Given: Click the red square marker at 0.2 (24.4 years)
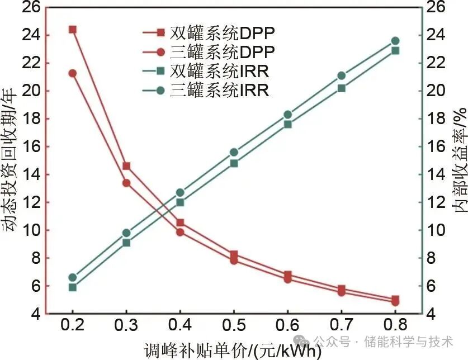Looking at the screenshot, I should click(x=72, y=29).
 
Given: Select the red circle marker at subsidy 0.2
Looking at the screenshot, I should click(x=72, y=73).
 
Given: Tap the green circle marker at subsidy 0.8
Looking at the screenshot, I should click(x=395, y=41).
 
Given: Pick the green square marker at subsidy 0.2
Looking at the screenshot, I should click(x=72, y=287).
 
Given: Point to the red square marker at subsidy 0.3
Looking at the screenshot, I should click(x=126, y=166).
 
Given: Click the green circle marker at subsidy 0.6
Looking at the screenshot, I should click(x=288, y=115).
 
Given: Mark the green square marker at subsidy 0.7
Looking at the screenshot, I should click(x=342, y=88).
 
